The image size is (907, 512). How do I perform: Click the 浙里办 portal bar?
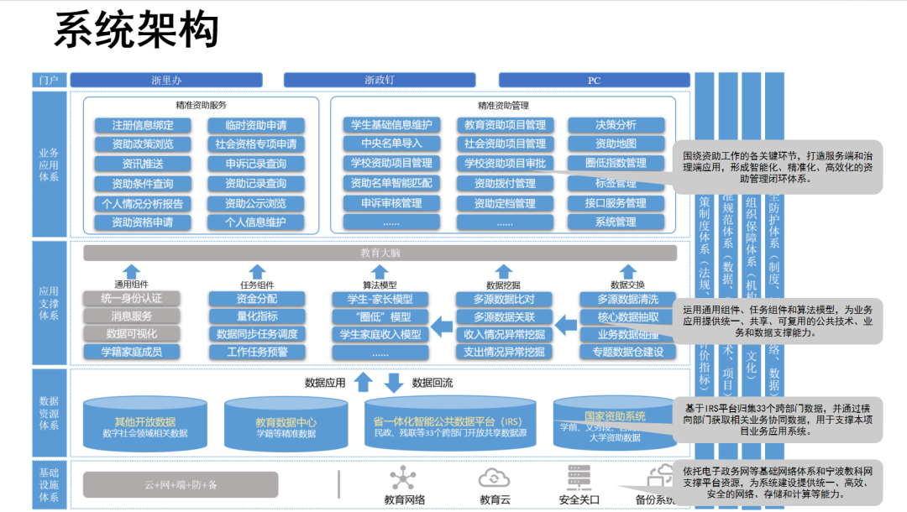pos(166,81)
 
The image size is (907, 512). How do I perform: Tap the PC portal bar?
pos(593,81)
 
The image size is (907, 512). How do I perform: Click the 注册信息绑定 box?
pos(143,125)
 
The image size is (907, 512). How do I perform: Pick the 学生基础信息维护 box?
pos(391,125)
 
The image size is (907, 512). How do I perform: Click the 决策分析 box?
pos(616,125)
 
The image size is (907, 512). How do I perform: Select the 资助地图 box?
pos(616,144)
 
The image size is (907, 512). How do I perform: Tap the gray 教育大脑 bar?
pos(380,253)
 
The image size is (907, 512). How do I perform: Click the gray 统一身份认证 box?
pos(131,299)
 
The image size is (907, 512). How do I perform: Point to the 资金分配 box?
pos(257,299)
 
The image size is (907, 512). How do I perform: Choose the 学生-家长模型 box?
pos(380,300)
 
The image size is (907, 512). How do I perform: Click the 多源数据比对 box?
pos(504,300)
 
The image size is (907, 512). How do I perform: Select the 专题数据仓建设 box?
pos(628,353)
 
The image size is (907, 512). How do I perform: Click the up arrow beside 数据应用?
pos(363,383)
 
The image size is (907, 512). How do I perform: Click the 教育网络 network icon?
pos(404,478)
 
